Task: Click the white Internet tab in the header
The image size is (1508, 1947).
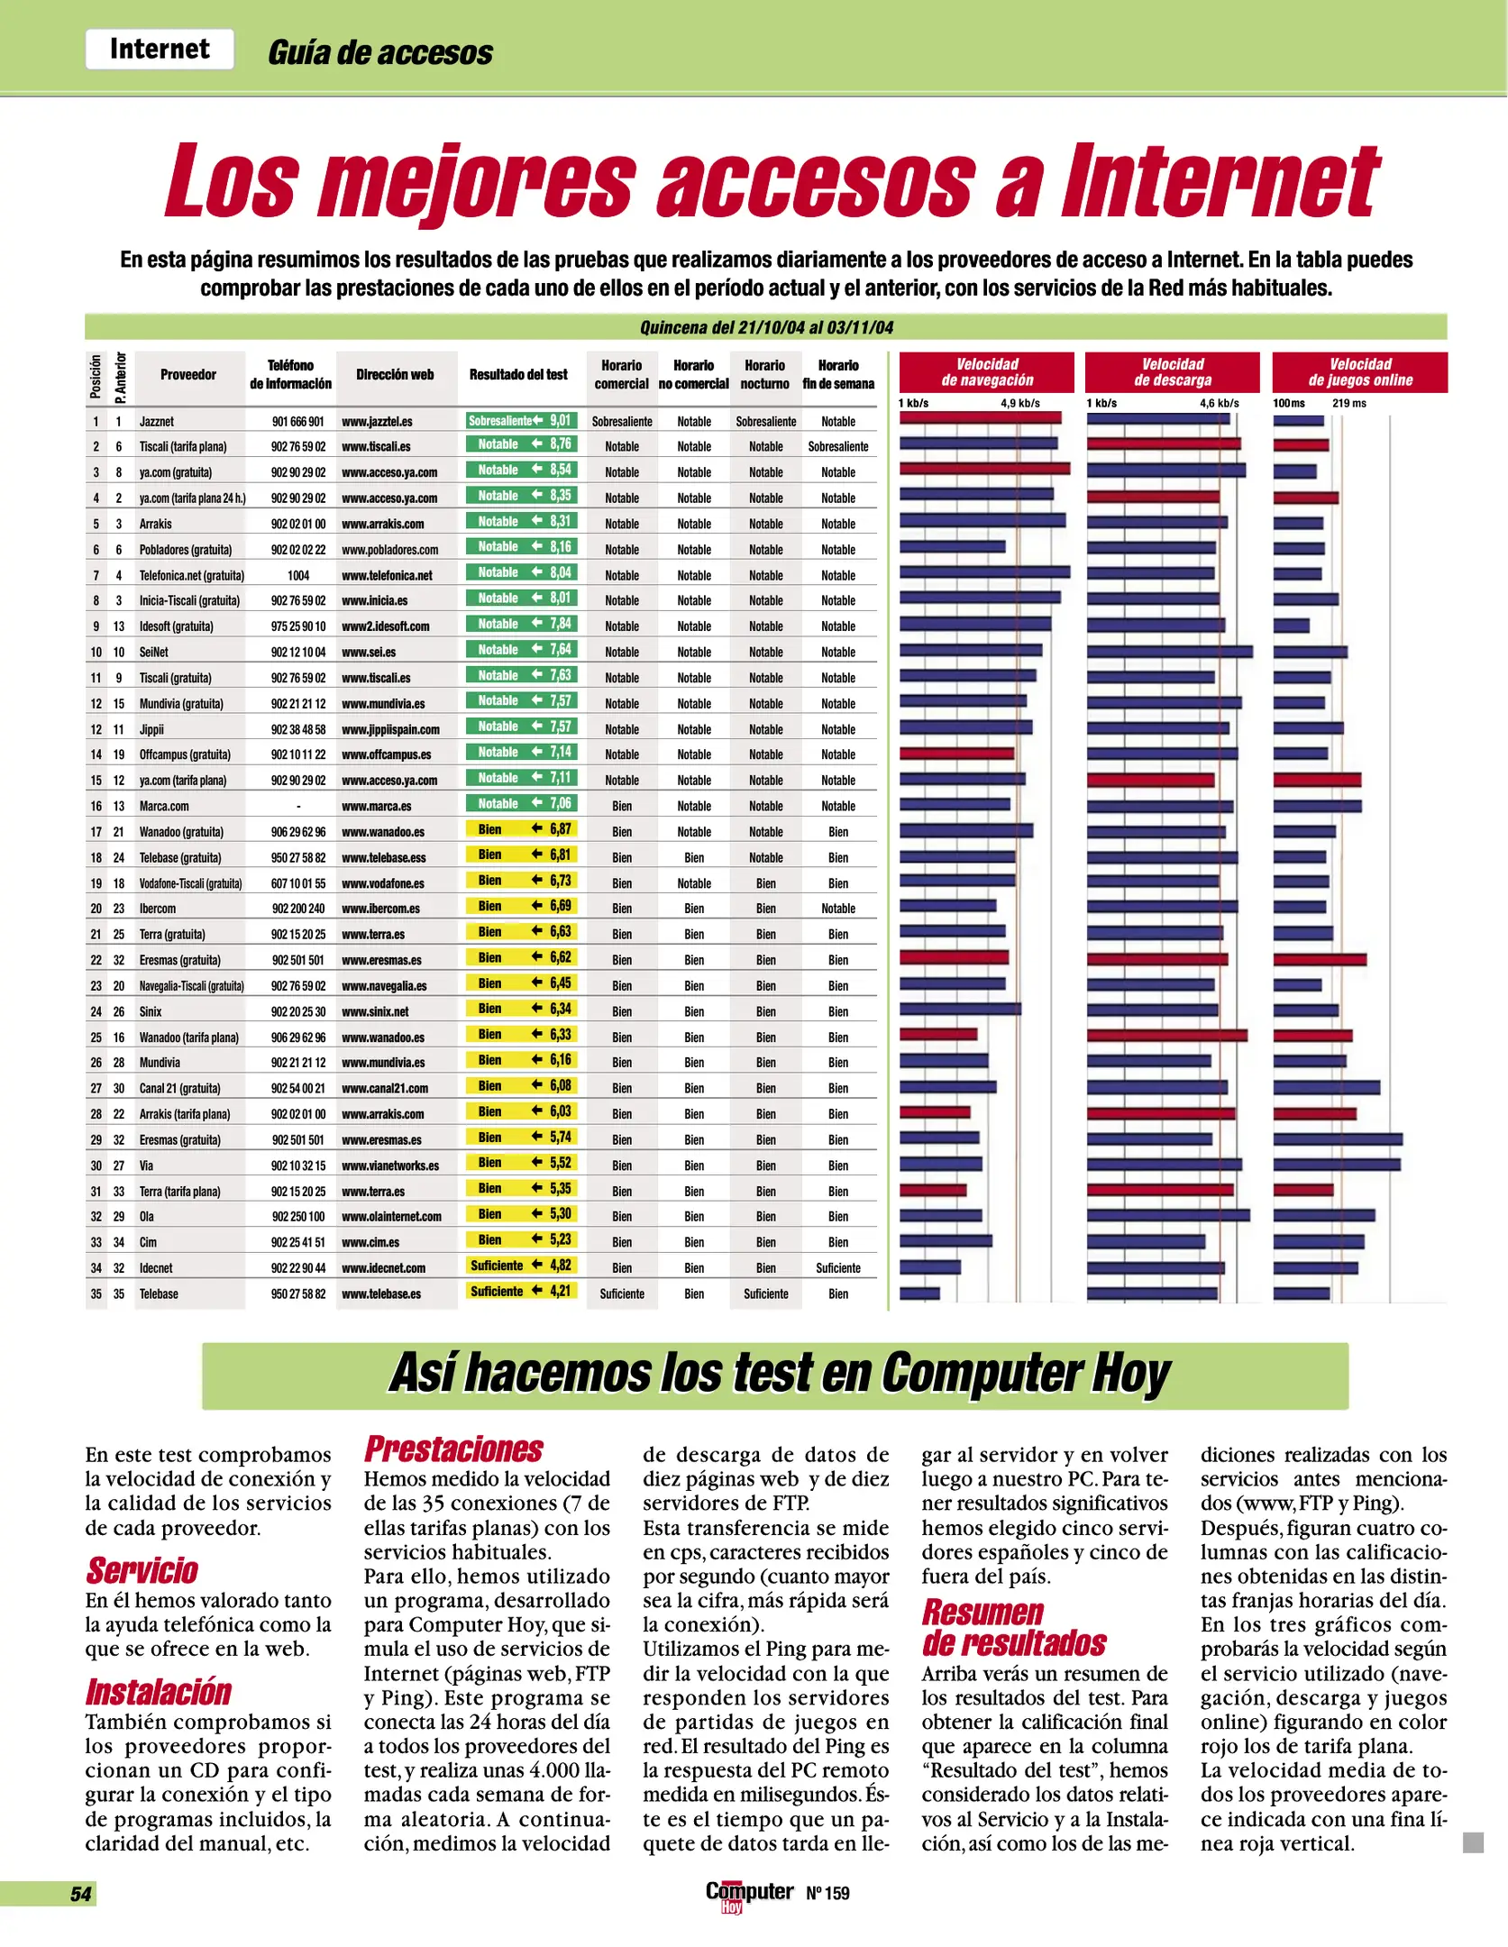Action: [x=160, y=49]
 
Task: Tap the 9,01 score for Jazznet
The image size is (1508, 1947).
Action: [x=561, y=420]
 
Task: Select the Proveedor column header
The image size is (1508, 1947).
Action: [x=187, y=374]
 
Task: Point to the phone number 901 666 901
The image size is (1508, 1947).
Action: [x=297, y=421]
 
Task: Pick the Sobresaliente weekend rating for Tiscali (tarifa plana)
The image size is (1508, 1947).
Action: [x=837, y=446]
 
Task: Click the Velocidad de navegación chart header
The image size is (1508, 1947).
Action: [x=987, y=372]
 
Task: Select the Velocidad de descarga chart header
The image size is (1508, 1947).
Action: [x=1173, y=372]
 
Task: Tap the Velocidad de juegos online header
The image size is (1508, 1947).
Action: [x=1360, y=372]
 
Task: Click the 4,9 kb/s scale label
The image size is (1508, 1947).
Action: [x=1019, y=403]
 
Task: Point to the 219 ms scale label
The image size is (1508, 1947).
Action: [x=1348, y=403]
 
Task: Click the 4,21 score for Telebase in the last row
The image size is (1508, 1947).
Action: [x=561, y=1291]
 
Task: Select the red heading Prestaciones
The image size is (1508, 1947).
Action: [x=453, y=1449]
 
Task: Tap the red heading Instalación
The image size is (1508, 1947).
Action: [x=159, y=1692]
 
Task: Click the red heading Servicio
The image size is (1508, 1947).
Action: [x=142, y=1570]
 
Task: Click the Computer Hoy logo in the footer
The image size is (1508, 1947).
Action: [x=748, y=1893]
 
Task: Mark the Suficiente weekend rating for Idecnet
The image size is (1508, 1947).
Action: [x=837, y=1268]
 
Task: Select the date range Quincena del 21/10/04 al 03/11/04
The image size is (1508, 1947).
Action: [x=766, y=327]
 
